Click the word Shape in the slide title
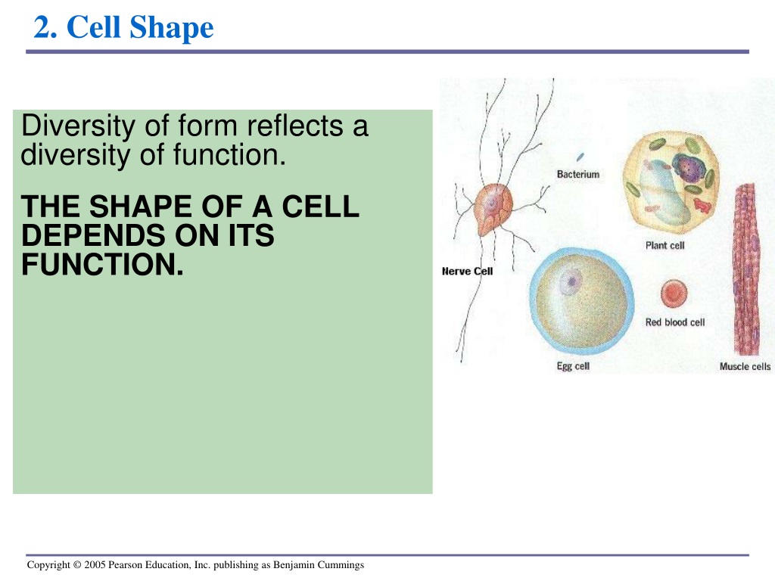(x=172, y=28)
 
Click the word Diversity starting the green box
(x=78, y=126)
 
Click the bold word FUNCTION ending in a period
(x=102, y=264)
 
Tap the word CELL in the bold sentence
(x=320, y=206)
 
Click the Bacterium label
(x=577, y=175)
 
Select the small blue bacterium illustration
(x=580, y=157)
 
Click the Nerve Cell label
(x=467, y=272)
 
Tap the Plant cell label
(x=665, y=246)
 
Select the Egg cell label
(x=573, y=366)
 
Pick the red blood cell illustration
(x=674, y=293)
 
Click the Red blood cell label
(x=675, y=322)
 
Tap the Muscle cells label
(x=745, y=367)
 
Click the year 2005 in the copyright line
(x=95, y=564)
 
